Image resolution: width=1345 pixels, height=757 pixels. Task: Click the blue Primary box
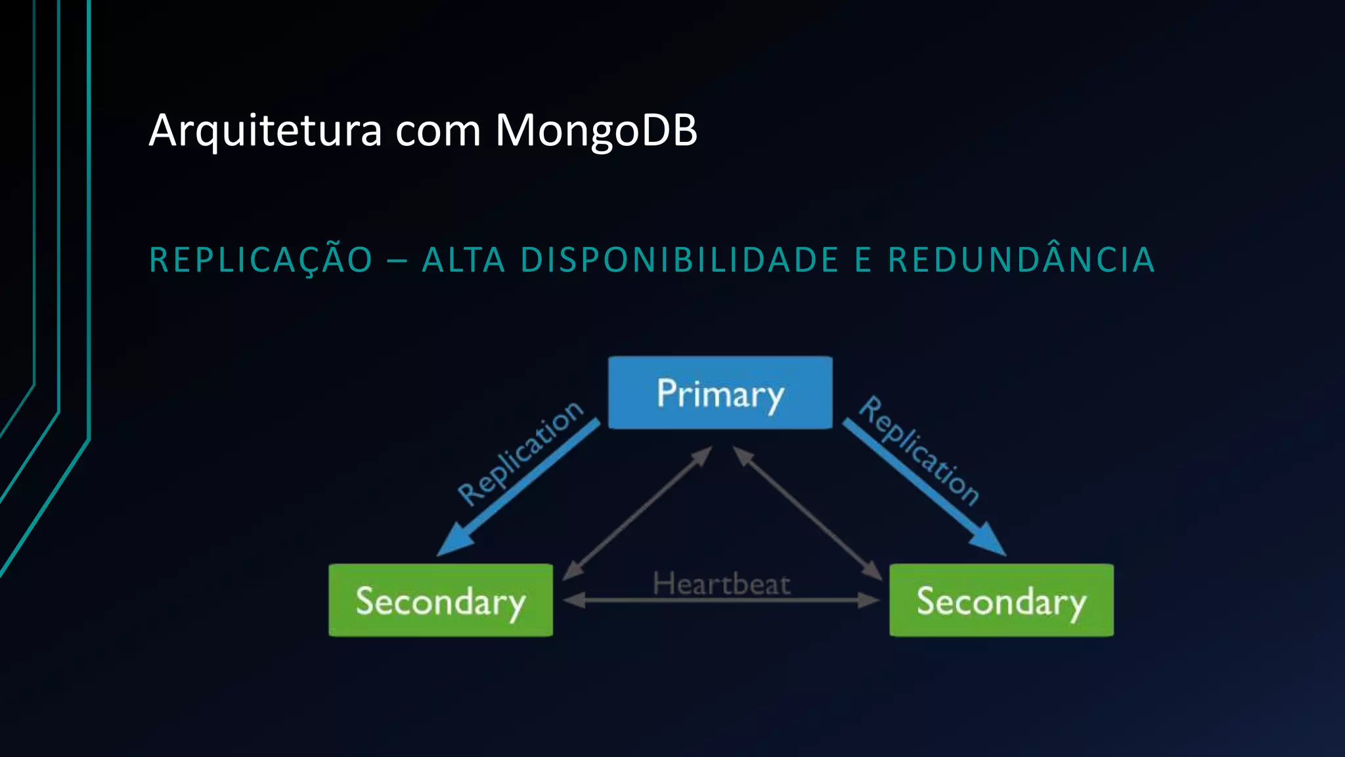(720, 393)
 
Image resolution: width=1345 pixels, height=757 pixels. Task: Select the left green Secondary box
(441, 600)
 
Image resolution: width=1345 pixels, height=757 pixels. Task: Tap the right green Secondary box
(1001, 600)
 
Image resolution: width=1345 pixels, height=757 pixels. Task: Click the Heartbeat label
(721, 584)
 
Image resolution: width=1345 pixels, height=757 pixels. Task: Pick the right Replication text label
(919, 450)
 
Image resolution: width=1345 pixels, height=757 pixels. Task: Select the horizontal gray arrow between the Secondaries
(721, 600)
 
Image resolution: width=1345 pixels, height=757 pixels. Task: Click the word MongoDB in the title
(596, 131)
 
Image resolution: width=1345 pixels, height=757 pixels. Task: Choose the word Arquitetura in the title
(265, 131)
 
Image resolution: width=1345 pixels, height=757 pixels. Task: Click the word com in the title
(438, 131)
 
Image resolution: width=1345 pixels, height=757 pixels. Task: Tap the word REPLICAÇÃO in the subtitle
(261, 260)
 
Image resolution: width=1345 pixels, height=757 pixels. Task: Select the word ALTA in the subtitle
(464, 260)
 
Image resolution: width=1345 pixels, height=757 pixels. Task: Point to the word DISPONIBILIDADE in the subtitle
(680, 260)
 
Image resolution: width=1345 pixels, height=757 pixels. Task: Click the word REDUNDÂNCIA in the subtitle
(1021, 260)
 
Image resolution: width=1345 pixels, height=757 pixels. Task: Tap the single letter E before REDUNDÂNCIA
(863, 260)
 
